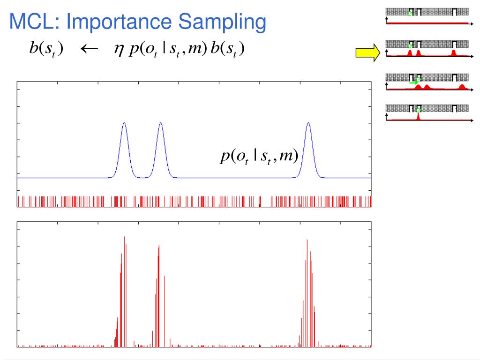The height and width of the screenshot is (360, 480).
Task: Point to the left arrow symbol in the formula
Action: point(89,49)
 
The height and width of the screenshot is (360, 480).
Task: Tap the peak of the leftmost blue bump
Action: point(124,123)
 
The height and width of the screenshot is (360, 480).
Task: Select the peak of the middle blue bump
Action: point(160,123)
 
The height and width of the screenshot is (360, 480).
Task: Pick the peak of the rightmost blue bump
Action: point(308,123)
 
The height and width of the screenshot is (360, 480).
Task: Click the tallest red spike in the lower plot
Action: point(124,238)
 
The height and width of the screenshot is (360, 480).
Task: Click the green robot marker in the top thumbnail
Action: point(410,13)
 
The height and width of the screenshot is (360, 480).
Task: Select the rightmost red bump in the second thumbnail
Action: point(453,52)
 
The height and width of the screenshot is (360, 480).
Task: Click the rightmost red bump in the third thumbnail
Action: point(462,87)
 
